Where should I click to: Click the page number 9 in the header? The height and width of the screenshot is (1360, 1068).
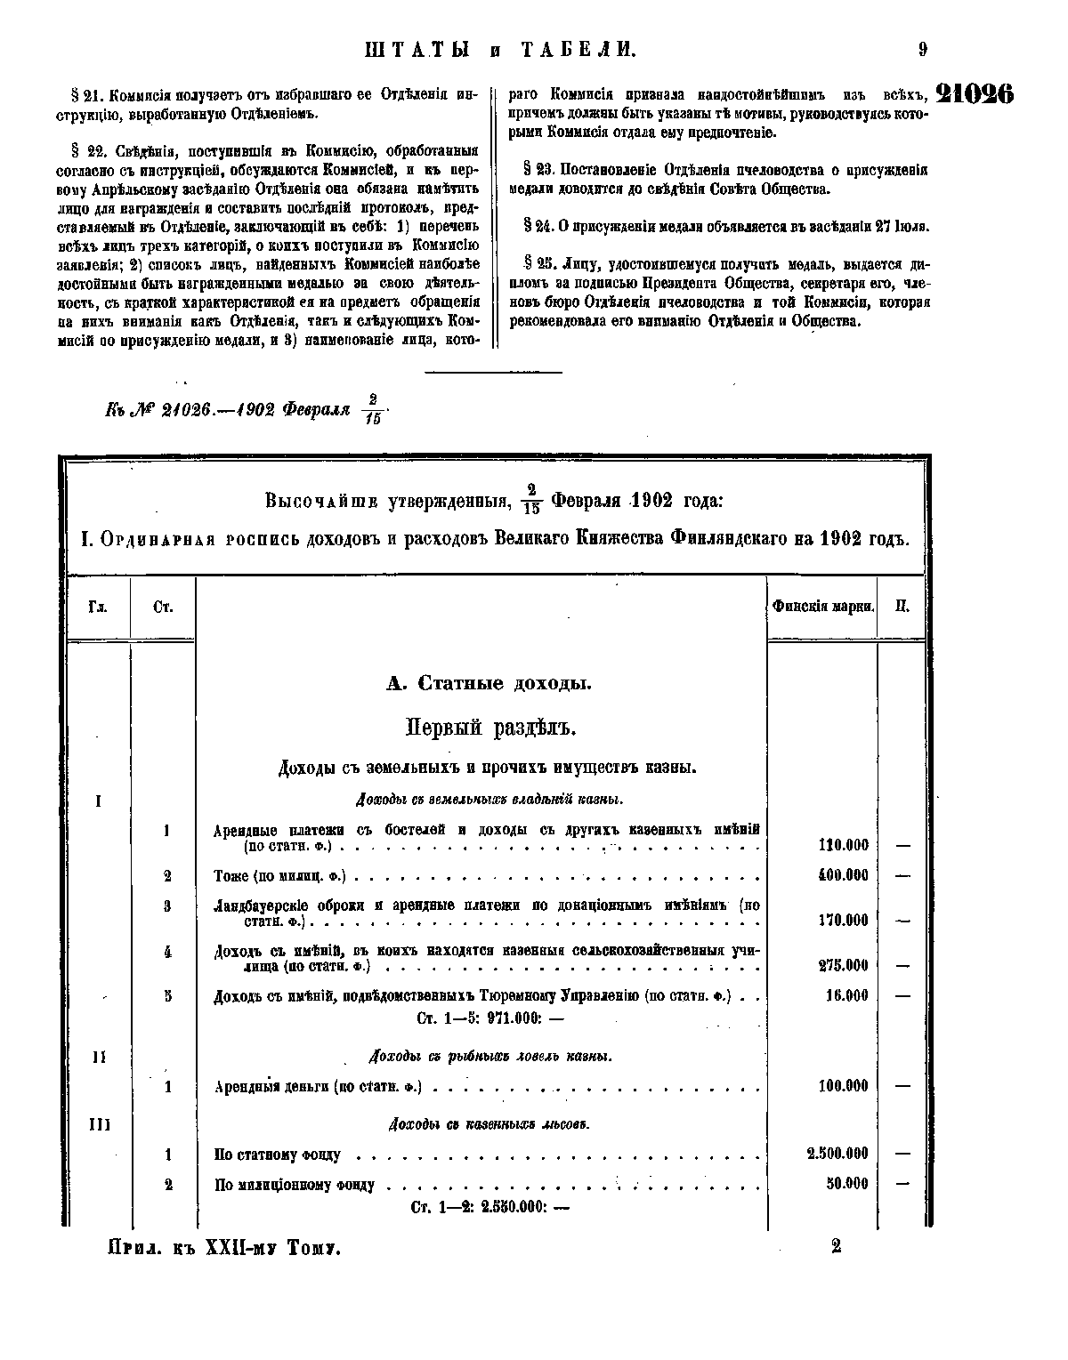coord(923,51)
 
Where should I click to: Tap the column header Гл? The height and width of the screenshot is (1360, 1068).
coord(98,608)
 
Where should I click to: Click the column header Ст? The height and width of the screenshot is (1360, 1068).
coord(163,608)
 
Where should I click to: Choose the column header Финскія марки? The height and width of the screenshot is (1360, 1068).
coord(822,607)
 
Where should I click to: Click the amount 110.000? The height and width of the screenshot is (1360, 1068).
coord(843,846)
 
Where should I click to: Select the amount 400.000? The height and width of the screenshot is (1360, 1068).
coord(843,876)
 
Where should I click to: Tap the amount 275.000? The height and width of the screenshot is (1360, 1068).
coord(843,966)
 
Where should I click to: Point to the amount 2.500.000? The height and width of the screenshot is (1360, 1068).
coord(837,1155)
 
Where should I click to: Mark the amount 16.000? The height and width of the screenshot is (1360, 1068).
coord(846,996)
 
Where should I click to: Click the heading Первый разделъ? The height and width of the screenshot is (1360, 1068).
coord(491,728)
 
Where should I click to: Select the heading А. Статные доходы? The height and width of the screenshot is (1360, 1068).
coord(489,684)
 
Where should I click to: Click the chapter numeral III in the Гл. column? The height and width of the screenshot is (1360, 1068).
coord(99,1124)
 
